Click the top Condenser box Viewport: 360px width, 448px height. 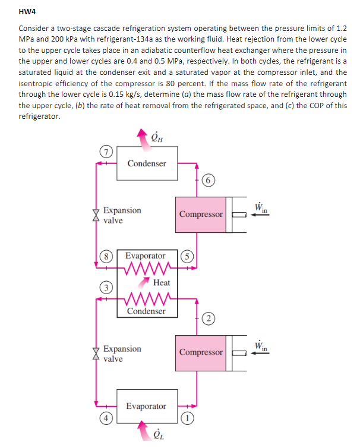pos(147,163)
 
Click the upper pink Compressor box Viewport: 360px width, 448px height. pos(201,214)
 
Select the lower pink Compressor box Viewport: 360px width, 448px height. pos(201,352)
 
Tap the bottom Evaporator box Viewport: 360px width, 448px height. pos(147,406)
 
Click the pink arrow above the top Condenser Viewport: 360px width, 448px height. pos(141,136)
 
